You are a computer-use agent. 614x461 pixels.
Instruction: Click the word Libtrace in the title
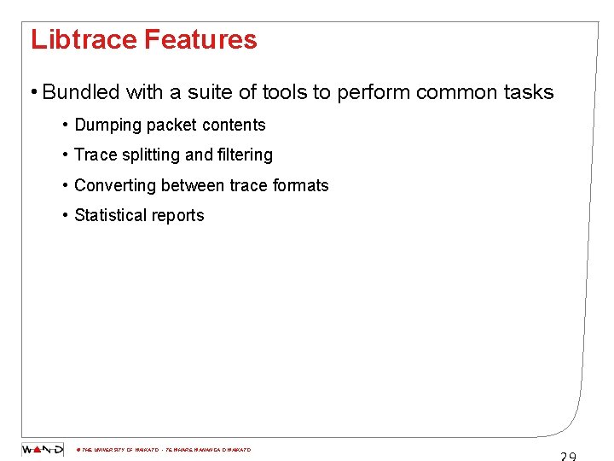point(84,40)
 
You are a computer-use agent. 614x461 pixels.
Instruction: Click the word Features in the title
point(200,40)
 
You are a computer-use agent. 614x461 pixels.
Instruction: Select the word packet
point(173,125)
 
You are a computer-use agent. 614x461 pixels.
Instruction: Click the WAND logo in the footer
point(43,449)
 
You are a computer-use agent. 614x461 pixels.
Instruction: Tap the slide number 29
point(568,456)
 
